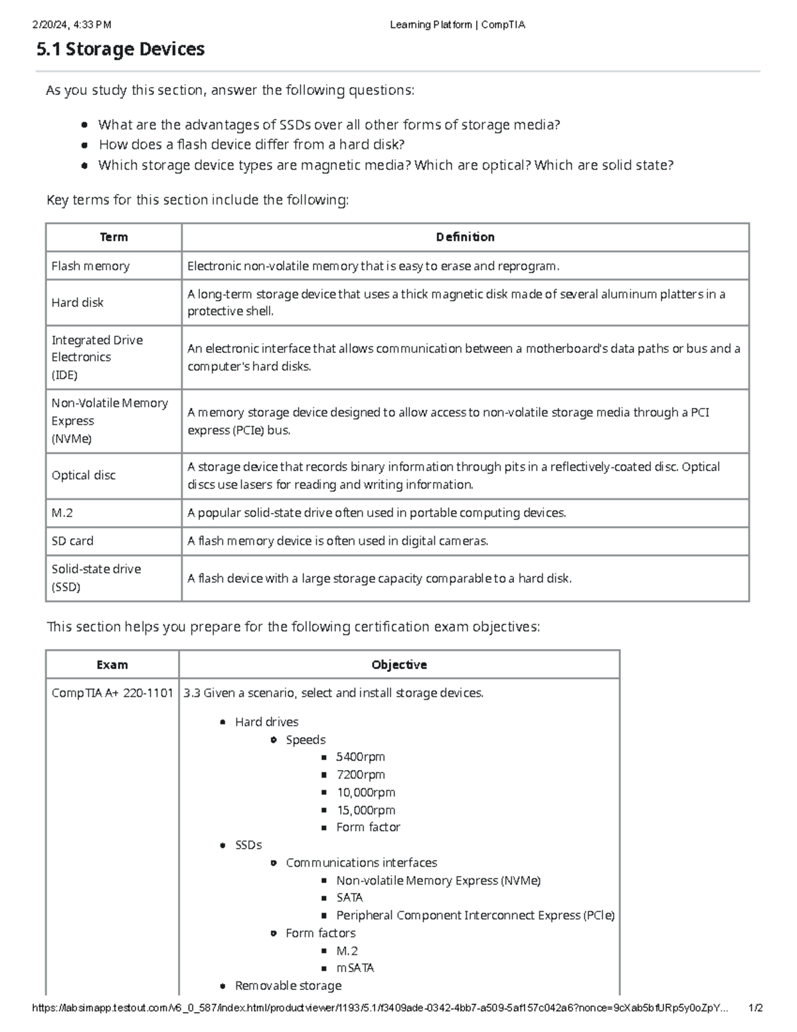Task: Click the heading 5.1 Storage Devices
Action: [x=120, y=49]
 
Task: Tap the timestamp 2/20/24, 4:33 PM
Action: [x=72, y=25]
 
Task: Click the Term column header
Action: [x=114, y=237]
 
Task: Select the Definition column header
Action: [x=465, y=237]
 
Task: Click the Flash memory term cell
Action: [x=90, y=266]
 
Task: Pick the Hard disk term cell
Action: [x=78, y=302]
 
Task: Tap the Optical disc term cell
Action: [x=84, y=475]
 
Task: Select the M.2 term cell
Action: [x=62, y=513]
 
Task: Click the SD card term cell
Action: [x=72, y=541]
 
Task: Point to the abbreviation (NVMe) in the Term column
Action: [x=72, y=439]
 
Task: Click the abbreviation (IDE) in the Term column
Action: [x=64, y=375]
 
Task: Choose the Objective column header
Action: [x=399, y=665]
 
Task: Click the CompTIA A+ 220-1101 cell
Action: [x=112, y=693]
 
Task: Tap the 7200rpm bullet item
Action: [x=361, y=775]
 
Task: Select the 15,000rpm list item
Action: [x=365, y=810]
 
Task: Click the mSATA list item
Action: [x=355, y=968]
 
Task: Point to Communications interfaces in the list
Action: [x=361, y=863]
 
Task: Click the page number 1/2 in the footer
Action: [x=755, y=1008]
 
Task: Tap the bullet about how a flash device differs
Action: [x=252, y=145]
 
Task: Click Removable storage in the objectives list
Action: [x=288, y=985]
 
